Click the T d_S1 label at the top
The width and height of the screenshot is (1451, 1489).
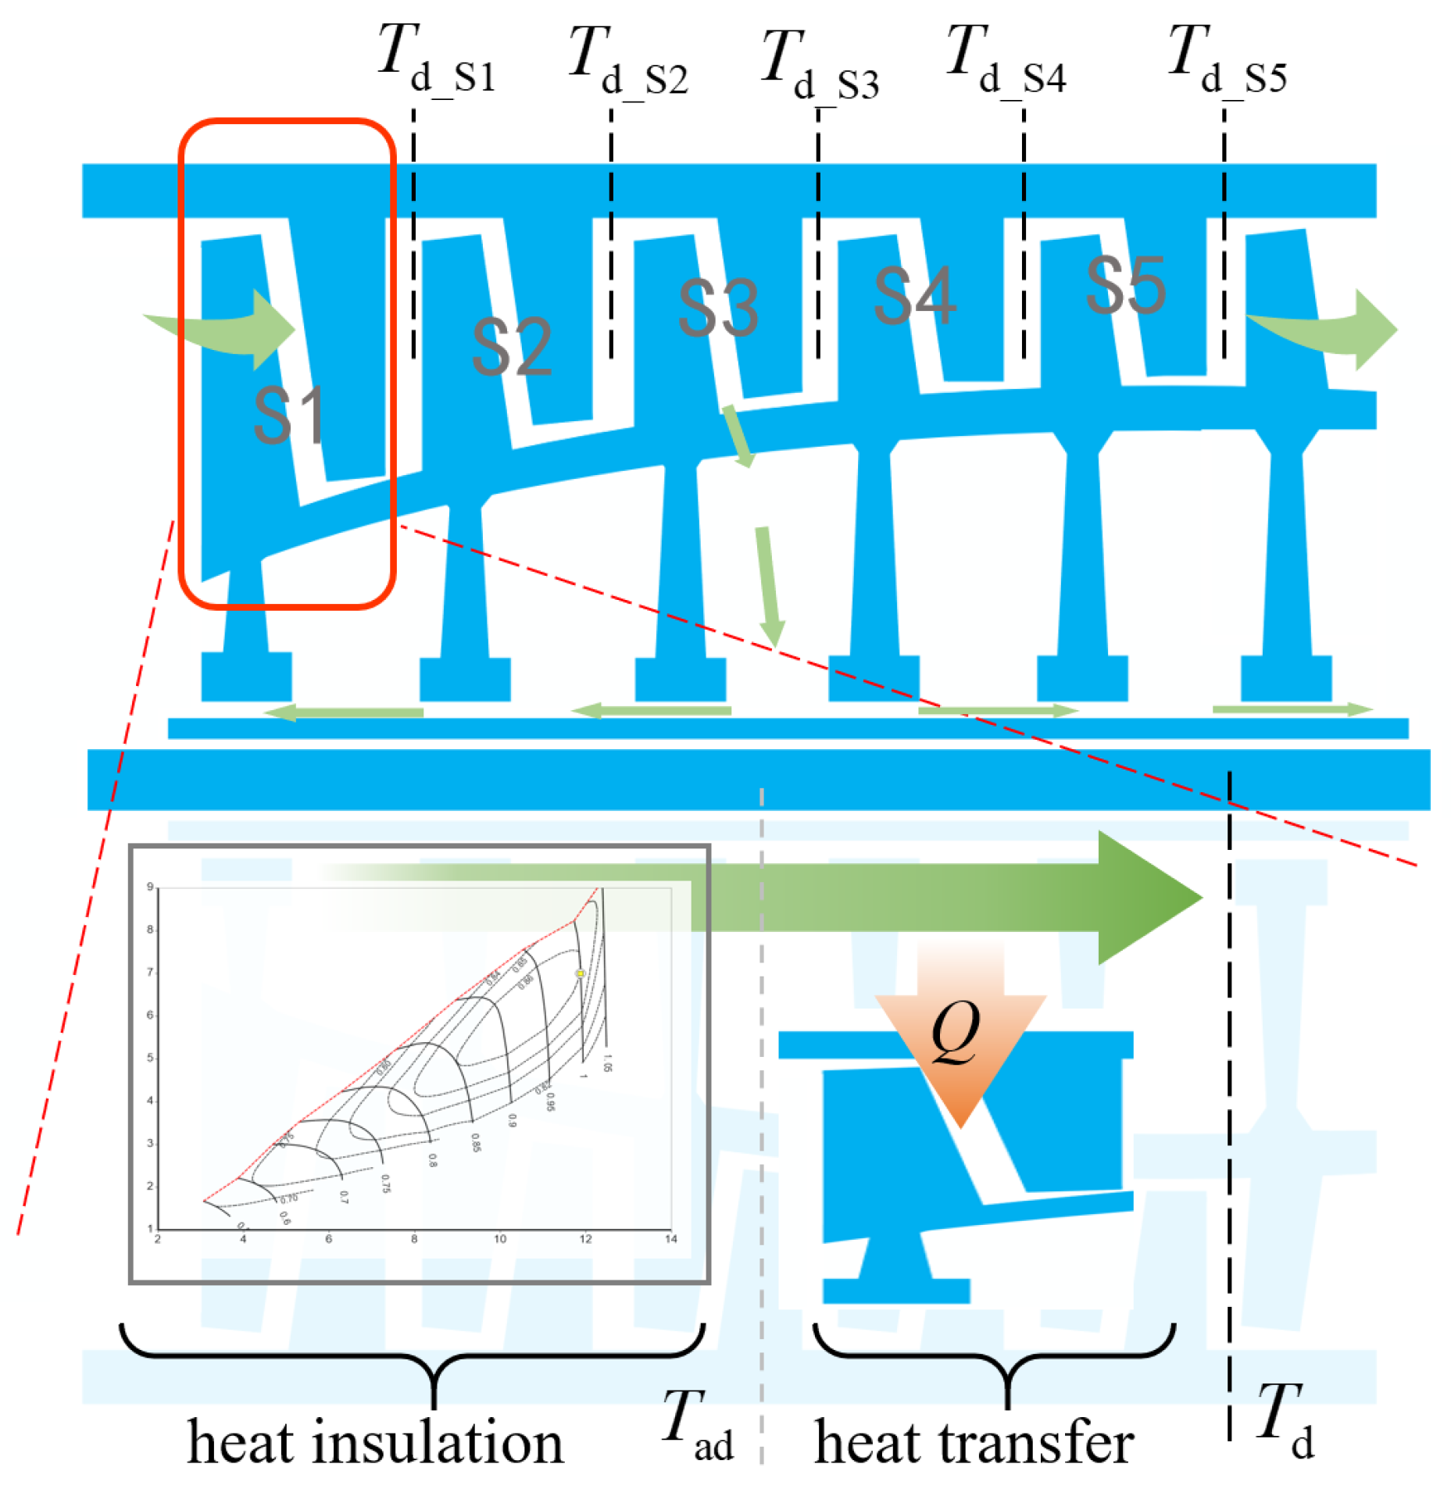tap(436, 61)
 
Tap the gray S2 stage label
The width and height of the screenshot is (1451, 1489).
tap(511, 347)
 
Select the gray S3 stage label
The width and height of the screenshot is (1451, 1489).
tap(717, 308)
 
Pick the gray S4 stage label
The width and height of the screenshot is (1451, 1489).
tap(913, 295)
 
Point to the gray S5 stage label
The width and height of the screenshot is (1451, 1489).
tap(1125, 286)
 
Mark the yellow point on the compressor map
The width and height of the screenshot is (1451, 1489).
tap(580, 973)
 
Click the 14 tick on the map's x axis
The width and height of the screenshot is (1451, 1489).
tap(670, 1238)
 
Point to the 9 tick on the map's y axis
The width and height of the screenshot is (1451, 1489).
tap(150, 887)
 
